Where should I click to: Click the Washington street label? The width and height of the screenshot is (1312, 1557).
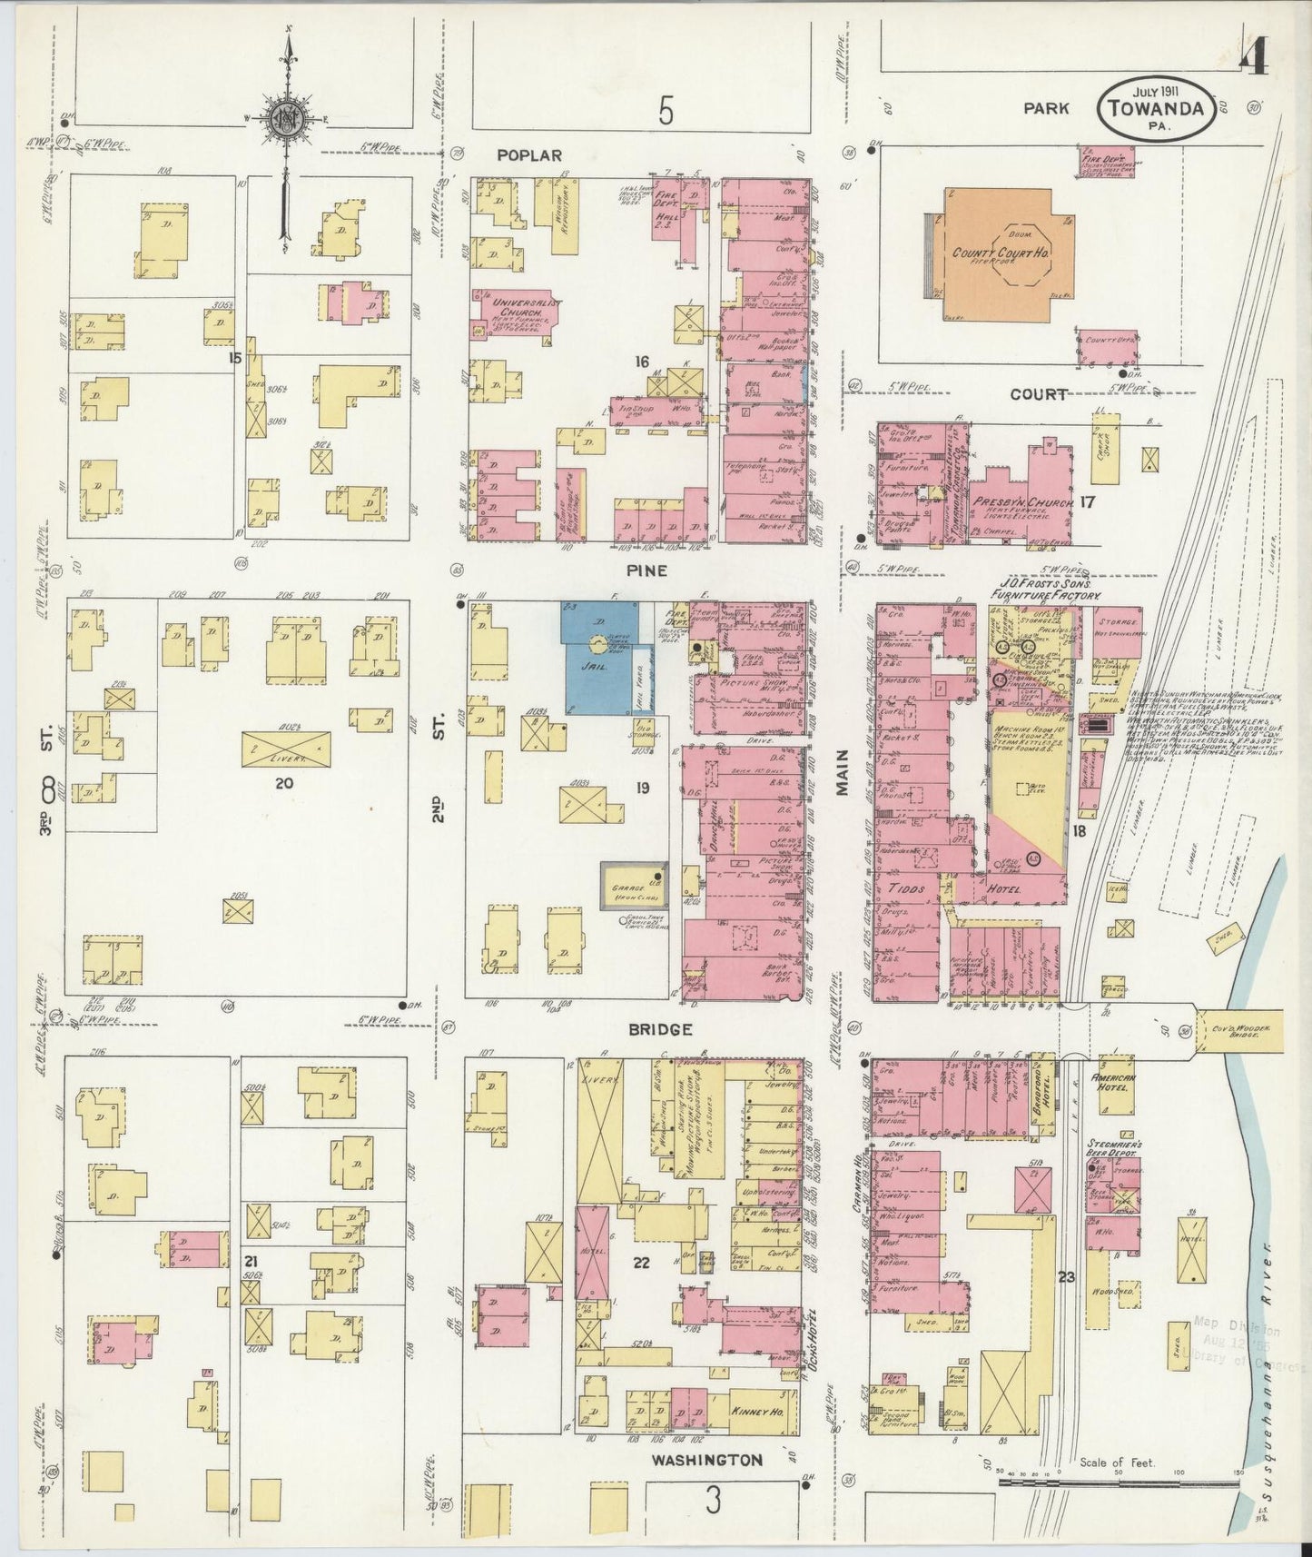click(705, 1460)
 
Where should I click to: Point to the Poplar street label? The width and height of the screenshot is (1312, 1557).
click(529, 155)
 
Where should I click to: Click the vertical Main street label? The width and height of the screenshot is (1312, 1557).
click(842, 773)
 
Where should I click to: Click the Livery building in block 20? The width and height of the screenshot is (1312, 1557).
click(285, 748)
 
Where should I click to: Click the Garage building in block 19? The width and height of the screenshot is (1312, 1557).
click(633, 886)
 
